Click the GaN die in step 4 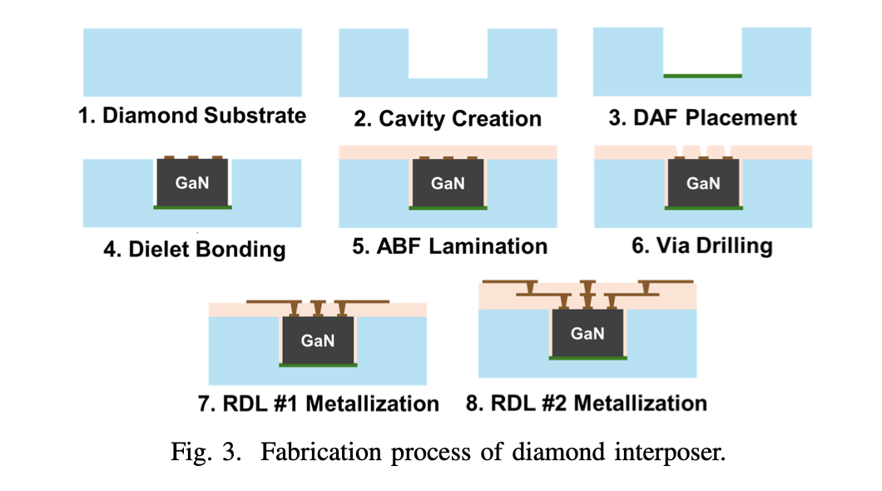click(x=192, y=182)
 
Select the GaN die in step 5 click(x=448, y=183)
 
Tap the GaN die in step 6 click(x=703, y=183)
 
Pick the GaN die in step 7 click(x=318, y=340)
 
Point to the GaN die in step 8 click(x=587, y=333)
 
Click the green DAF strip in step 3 click(x=702, y=76)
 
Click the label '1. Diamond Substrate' click(x=192, y=116)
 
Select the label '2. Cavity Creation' click(x=448, y=119)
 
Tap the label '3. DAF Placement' click(x=702, y=117)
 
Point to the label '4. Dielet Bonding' click(x=195, y=249)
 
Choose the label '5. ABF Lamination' click(x=450, y=246)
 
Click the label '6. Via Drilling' click(x=702, y=245)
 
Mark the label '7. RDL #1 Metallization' click(x=319, y=404)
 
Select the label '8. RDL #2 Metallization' click(x=587, y=404)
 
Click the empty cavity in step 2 click(x=448, y=53)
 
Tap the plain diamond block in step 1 click(x=192, y=62)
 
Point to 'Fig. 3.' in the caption click(x=206, y=452)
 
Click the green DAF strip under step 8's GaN click(x=587, y=359)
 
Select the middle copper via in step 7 click(x=318, y=308)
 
